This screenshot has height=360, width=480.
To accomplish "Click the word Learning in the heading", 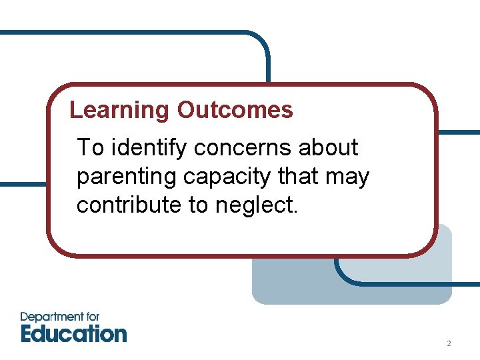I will click(x=121, y=110).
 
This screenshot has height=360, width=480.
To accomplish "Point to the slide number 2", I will click(x=449, y=344).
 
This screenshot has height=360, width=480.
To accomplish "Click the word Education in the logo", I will click(x=73, y=333).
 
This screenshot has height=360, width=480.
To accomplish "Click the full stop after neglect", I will click(x=295, y=211).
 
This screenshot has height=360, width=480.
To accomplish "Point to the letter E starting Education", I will click(x=28, y=333).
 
